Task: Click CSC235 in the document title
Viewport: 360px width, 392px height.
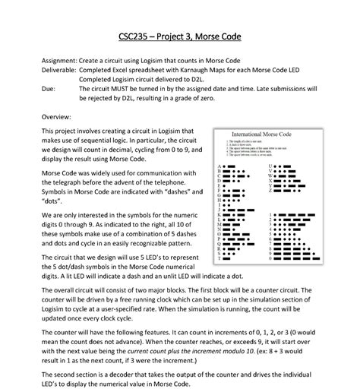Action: [x=135, y=36]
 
